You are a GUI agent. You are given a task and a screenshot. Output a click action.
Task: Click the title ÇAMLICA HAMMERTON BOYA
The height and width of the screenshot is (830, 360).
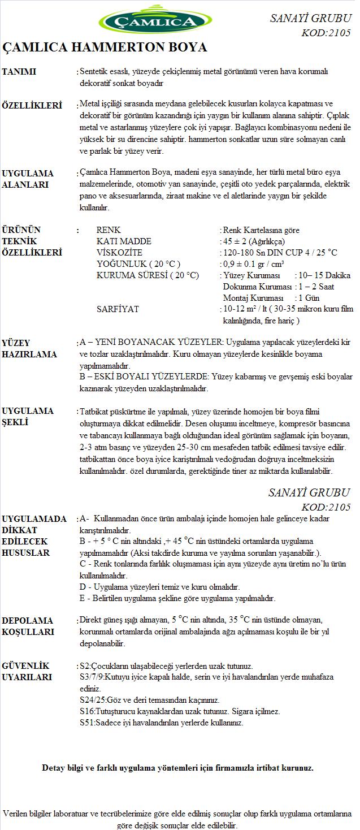tap(105, 47)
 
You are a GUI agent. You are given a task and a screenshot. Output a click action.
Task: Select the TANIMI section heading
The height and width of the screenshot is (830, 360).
tap(19, 72)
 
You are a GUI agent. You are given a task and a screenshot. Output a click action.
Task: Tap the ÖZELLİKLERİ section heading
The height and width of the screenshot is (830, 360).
tap(32, 106)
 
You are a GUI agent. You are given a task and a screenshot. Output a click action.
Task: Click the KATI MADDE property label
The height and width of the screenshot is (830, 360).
tap(124, 241)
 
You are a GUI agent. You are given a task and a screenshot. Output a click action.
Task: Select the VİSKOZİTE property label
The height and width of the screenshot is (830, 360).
tap(119, 253)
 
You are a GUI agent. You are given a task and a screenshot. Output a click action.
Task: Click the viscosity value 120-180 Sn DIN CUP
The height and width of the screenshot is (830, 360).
tap(280, 253)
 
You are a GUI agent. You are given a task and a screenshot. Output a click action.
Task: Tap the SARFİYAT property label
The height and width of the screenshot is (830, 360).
tap(118, 309)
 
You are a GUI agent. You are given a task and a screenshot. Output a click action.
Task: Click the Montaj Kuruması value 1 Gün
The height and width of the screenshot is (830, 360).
tap(309, 298)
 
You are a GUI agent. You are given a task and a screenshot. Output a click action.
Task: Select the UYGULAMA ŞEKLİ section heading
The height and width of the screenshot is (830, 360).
tap(28, 417)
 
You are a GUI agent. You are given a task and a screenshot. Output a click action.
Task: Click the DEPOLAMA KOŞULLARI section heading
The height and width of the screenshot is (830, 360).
tap(28, 626)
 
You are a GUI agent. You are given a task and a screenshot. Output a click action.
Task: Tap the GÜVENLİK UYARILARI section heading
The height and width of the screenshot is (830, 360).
tap(27, 672)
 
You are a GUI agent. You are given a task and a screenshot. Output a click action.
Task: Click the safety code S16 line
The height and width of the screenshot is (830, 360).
tap(180, 711)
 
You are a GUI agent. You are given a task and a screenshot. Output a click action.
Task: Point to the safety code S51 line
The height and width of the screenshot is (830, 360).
tap(162, 723)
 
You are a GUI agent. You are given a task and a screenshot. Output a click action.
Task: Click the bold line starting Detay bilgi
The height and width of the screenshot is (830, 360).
tap(177, 768)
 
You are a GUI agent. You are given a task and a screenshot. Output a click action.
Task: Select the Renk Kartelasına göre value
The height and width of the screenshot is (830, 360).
tap(261, 230)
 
